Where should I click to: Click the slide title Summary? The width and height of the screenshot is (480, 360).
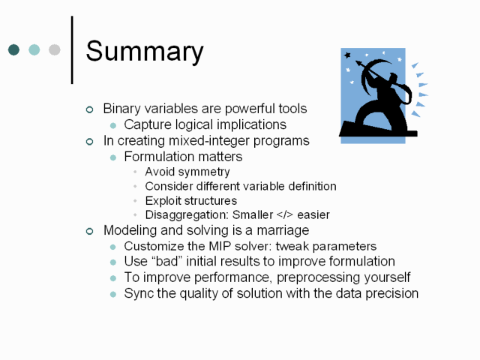coord(145,51)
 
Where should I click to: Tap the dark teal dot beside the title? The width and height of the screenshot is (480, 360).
coord(13,49)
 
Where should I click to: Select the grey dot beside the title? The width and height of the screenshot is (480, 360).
coord(55,49)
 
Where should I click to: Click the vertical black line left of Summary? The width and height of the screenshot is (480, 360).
coord(72,50)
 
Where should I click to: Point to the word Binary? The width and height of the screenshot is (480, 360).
coord(122,109)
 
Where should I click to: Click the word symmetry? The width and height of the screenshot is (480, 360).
coord(204,172)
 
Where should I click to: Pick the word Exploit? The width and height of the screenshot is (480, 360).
coord(158,201)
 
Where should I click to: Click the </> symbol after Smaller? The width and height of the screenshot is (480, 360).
coord(285,214)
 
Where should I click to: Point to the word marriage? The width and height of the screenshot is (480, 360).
coord(283,230)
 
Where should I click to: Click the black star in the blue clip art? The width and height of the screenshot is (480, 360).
coord(347,55)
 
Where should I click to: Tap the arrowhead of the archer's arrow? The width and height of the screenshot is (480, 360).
coord(358,64)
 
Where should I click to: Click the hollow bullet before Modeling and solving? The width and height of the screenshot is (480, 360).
coord(89,231)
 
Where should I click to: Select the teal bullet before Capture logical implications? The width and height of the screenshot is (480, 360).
coord(113,125)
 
